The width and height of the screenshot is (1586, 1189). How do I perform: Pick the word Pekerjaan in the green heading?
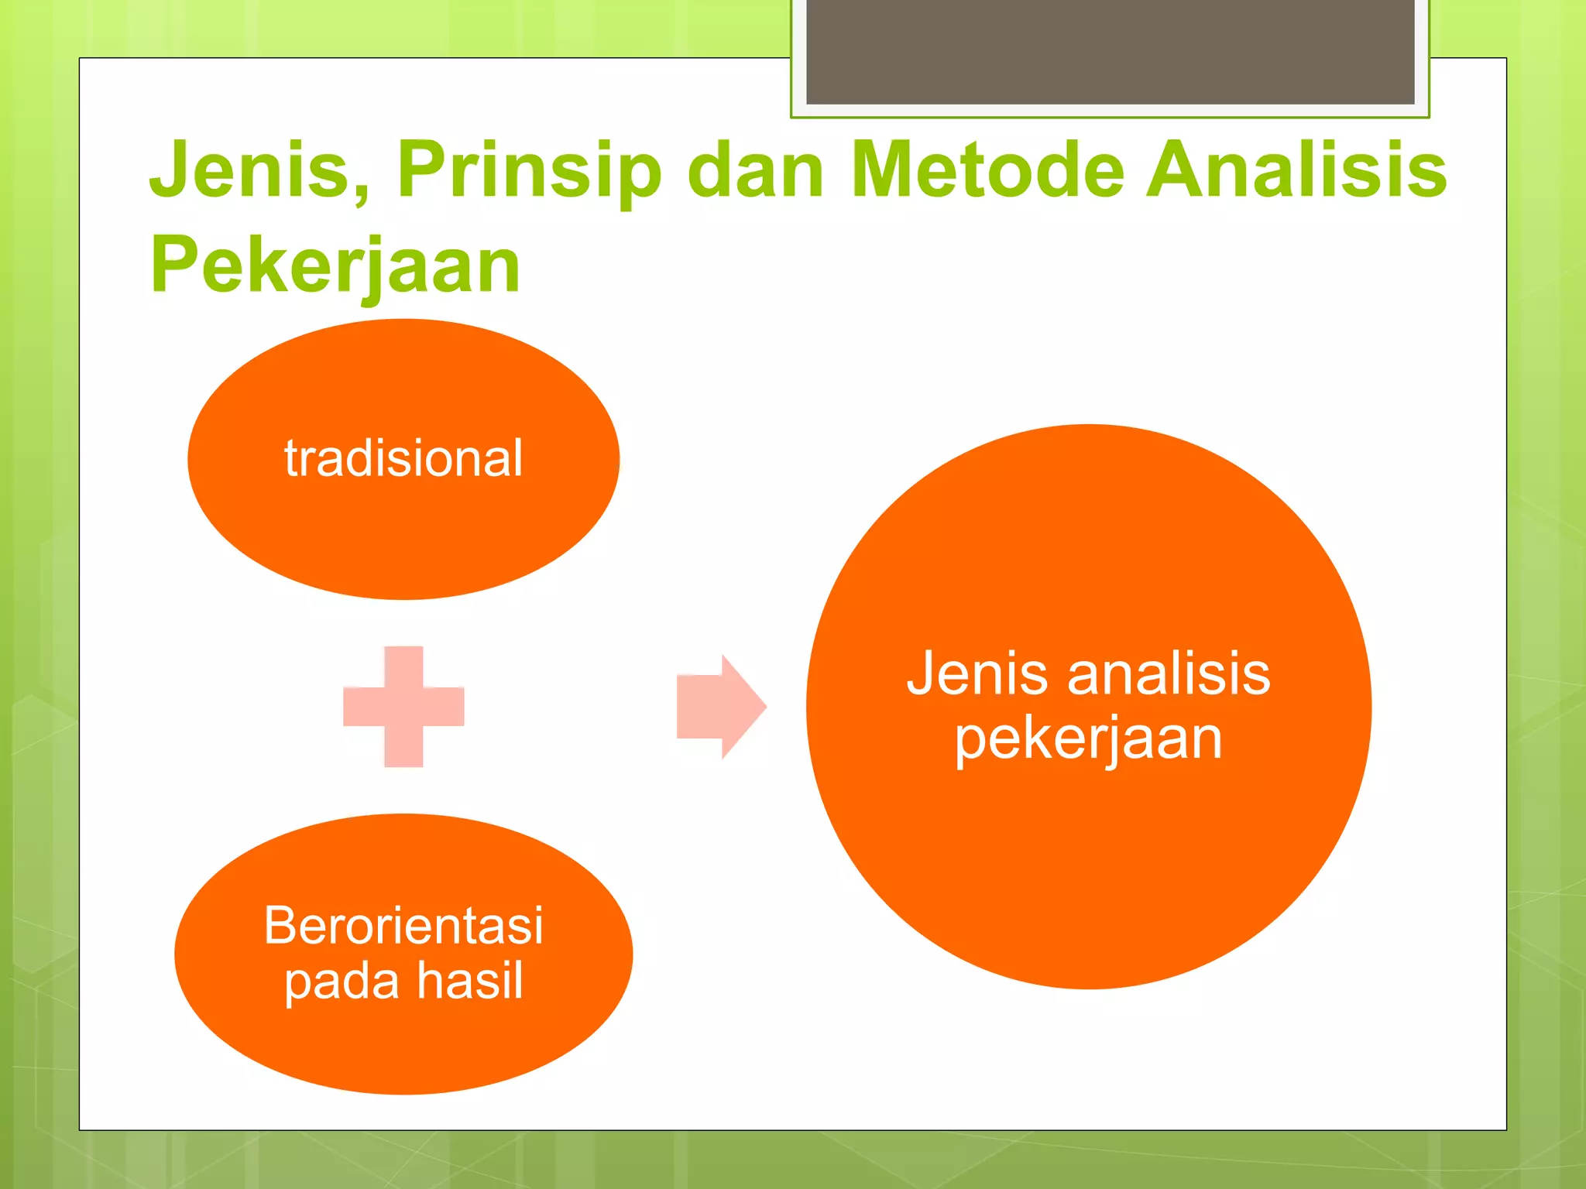click(x=335, y=267)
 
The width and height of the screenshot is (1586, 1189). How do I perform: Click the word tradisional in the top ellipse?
click(x=403, y=458)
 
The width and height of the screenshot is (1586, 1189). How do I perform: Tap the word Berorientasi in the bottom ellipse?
click(x=403, y=925)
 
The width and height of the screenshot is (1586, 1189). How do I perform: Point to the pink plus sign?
click(x=403, y=706)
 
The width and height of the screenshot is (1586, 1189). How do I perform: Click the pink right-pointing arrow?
click(x=720, y=706)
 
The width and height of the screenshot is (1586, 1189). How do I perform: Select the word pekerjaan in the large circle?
click(x=1088, y=739)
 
